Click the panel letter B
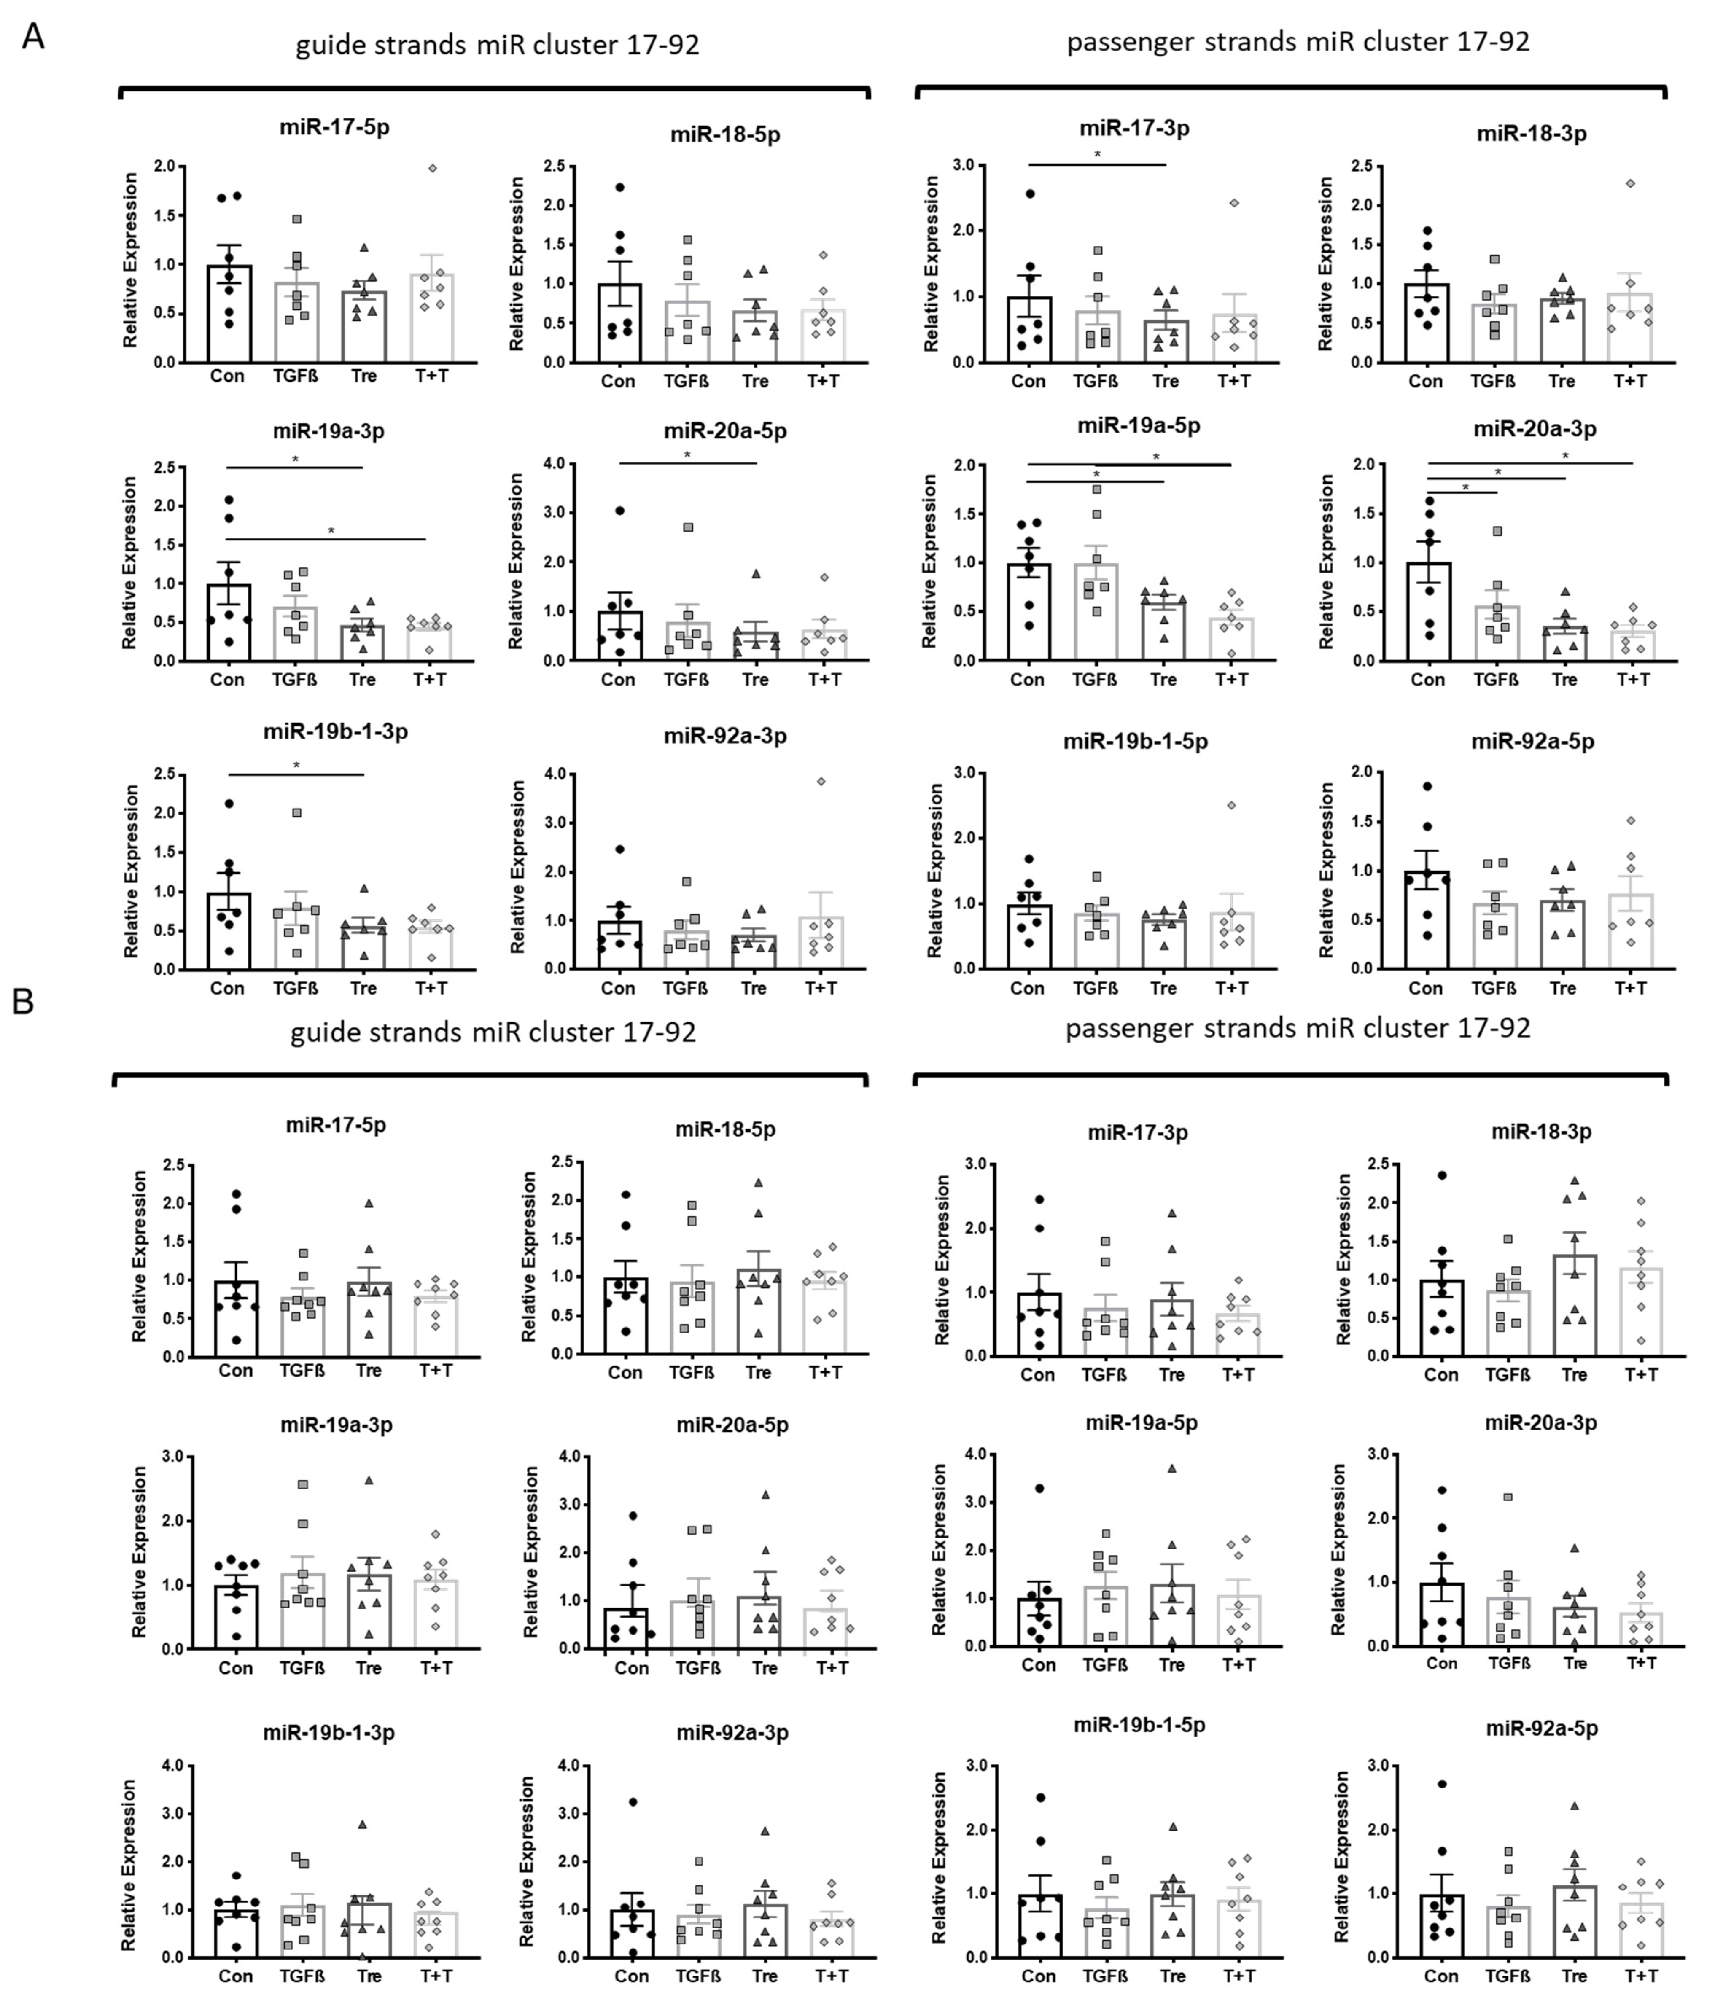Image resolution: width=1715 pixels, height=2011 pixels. pos(23,1000)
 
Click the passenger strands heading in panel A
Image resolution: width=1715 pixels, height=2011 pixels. pos(1298,42)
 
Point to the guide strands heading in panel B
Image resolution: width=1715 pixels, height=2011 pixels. pos(493,1032)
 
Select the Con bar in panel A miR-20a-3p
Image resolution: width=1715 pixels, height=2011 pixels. pos(1428,611)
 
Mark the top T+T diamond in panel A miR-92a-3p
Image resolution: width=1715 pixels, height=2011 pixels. pos(820,781)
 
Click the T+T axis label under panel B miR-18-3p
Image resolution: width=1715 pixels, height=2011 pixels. pos(1640,1374)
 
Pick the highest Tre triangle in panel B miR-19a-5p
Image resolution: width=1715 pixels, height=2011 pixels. pos(1171,1468)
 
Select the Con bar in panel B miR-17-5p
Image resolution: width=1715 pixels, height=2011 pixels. pos(236,1318)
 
